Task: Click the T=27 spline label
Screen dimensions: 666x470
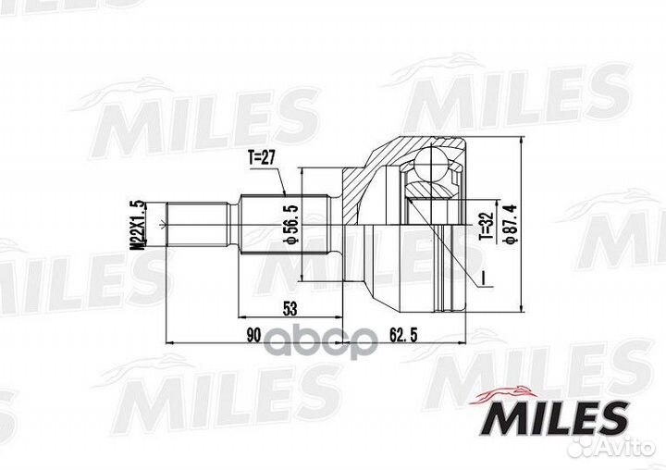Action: pos(262,157)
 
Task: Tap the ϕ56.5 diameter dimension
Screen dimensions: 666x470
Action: pos(291,225)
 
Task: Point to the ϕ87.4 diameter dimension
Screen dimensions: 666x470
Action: pos(510,225)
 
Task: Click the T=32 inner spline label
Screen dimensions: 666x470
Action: pos(487,226)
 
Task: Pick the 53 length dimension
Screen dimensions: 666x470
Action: pos(290,309)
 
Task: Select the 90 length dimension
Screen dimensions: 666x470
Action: pos(253,335)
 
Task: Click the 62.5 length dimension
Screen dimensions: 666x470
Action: pos(403,335)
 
